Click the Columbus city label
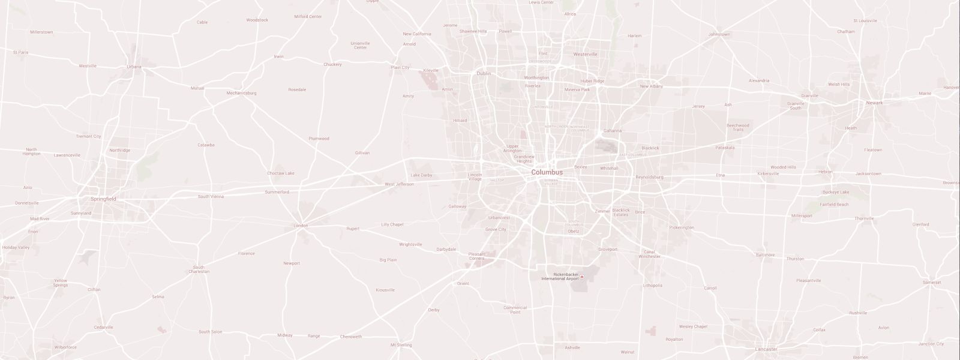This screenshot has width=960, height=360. [x=547, y=172]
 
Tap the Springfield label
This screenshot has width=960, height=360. [x=103, y=199]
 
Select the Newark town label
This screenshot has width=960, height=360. [x=874, y=103]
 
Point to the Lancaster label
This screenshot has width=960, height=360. [x=766, y=349]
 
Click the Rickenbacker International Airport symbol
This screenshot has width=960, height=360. [x=581, y=277]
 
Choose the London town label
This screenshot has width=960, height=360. [x=301, y=226]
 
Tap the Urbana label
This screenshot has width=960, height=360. [x=134, y=67]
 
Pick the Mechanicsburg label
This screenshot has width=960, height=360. [x=241, y=93]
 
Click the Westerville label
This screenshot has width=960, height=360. [x=585, y=54]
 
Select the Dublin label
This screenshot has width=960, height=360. [x=484, y=73]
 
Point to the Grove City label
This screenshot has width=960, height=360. [x=496, y=229]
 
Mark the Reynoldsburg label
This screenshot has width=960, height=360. [x=649, y=177]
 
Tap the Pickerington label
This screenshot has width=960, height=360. [x=682, y=227]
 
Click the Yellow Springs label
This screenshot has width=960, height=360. [x=61, y=283]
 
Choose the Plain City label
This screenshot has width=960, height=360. [x=400, y=68]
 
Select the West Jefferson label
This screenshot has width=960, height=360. [x=399, y=184]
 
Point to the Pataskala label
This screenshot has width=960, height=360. [x=725, y=147]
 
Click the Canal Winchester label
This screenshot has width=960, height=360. [x=649, y=254]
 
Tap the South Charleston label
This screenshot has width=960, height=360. [x=199, y=269]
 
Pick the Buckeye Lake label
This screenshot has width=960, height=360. [x=835, y=192]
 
